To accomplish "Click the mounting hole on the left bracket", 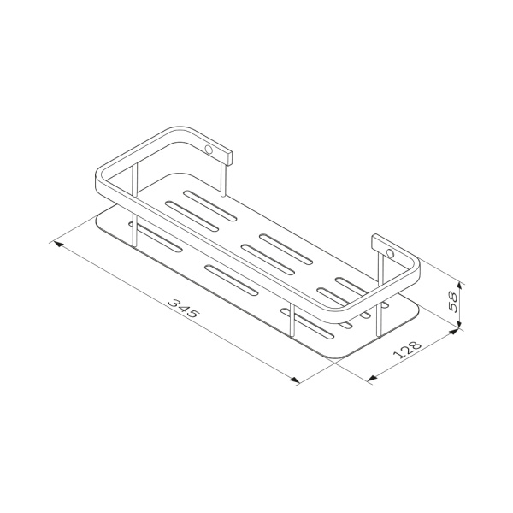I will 208,150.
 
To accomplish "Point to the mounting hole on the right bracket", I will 390,254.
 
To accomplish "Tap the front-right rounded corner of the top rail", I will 348,321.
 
